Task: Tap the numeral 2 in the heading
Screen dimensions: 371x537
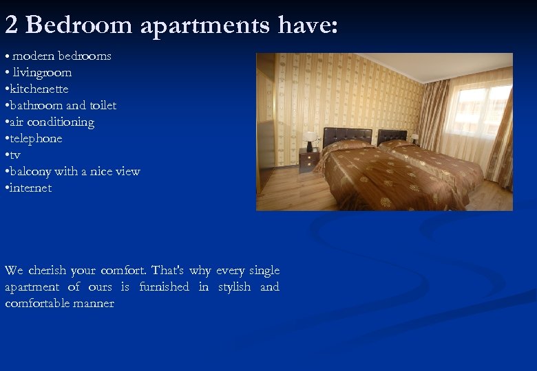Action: coord(11,25)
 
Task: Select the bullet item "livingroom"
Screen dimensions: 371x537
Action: coord(41,72)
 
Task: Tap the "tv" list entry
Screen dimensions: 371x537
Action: coord(14,155)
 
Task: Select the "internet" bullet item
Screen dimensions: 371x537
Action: coord(30,188)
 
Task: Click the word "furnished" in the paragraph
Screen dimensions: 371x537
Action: coord(164,287)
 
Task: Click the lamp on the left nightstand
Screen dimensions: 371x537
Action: coord(310,140)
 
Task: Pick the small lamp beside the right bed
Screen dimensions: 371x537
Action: coord(414,139)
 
